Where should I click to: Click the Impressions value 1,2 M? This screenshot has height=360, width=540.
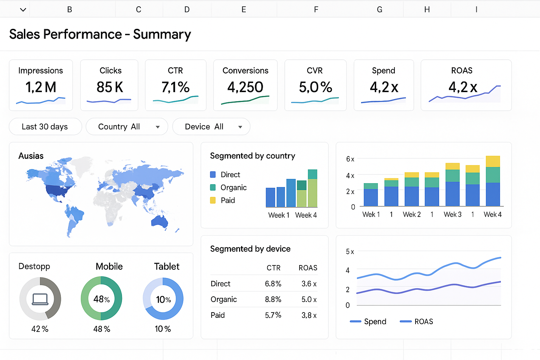click(x=41, y=87)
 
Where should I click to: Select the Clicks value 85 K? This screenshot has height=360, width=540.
click(x=110, y=87)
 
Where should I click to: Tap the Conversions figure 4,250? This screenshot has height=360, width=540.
click(x=245, y=87)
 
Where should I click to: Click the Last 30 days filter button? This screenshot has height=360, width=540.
click(x=45, y=127)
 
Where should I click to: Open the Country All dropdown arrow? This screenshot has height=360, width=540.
click(x=158, y=127)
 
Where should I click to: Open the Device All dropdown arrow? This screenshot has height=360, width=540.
click(x=240, y=127)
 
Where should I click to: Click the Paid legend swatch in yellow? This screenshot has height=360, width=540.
click(x=213, y=200)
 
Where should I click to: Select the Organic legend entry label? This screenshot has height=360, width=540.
click(x=233, y=188)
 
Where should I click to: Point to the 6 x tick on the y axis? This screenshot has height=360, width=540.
click(x=350, y=159)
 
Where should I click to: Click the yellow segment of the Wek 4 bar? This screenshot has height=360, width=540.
click(x=493, y=161)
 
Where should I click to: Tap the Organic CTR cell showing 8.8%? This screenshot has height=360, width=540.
click(x=273, y=300)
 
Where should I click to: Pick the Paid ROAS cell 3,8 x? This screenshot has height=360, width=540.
click(x=309, y=315)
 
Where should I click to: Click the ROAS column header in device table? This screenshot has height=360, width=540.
click(x=308, y=268)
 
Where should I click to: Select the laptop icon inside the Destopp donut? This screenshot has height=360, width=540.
click(x=40, y=299)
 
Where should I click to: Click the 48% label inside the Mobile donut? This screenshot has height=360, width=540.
click(x=102, y=299)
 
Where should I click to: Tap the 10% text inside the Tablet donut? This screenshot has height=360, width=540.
click(x=163, y=300)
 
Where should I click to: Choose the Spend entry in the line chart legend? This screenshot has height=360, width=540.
click(x=375, y=322)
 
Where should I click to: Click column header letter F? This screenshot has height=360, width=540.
click(x=316, y=9)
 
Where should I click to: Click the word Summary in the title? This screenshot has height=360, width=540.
click(x=162, y=34)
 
